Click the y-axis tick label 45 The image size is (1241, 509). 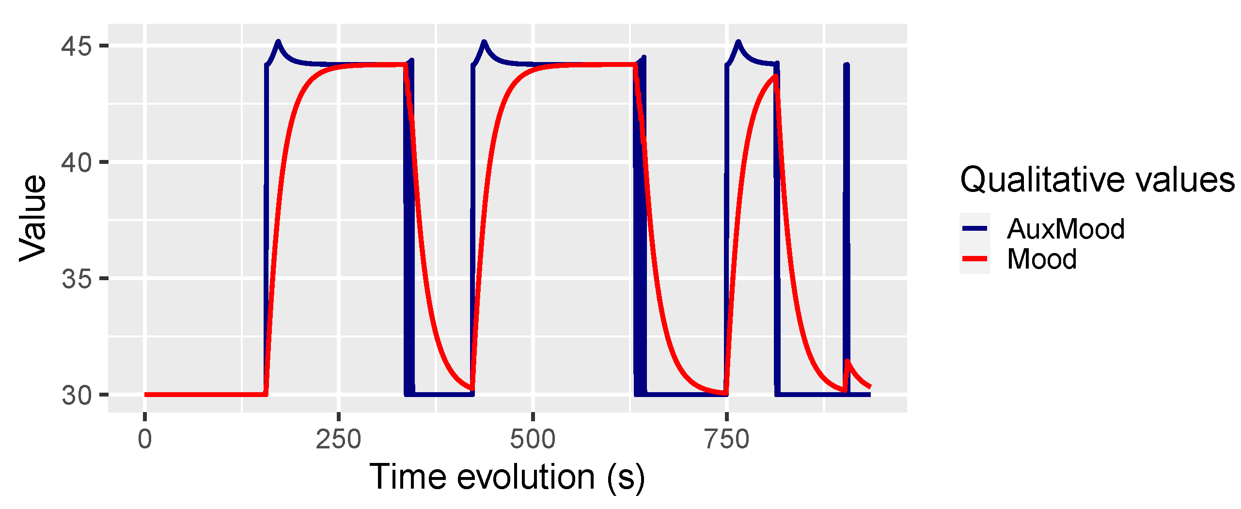[x=76, y=47]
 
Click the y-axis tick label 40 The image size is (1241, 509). [x=76, y=162]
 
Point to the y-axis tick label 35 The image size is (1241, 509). [x=76, y=279]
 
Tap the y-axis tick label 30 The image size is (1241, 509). [x=76, y=395]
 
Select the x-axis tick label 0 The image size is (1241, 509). [x=145, y=439]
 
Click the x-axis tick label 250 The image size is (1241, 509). [x=338, y=439]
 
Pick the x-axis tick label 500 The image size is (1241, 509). [x=533, y=439]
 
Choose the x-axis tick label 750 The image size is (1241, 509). [x=726, y=439]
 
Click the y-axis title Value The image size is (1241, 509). [x=33, y=218]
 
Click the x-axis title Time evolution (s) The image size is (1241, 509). [x=507, y=477]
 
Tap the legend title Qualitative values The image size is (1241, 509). [x=1097, y=180]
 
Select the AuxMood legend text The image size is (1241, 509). [x=1065, y=229]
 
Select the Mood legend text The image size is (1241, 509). [x=1041, y=259]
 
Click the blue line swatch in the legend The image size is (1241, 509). [x=974, y=228]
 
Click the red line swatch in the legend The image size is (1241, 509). [x=974, y=258]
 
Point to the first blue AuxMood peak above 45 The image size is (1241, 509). [x=278, y=42]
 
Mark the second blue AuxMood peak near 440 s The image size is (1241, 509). [x=484, y=42]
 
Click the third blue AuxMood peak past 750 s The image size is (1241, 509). [x=738, y=42]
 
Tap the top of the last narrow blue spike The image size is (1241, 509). [x=846, y=65]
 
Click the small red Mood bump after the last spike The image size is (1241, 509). [x=847, y=361]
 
